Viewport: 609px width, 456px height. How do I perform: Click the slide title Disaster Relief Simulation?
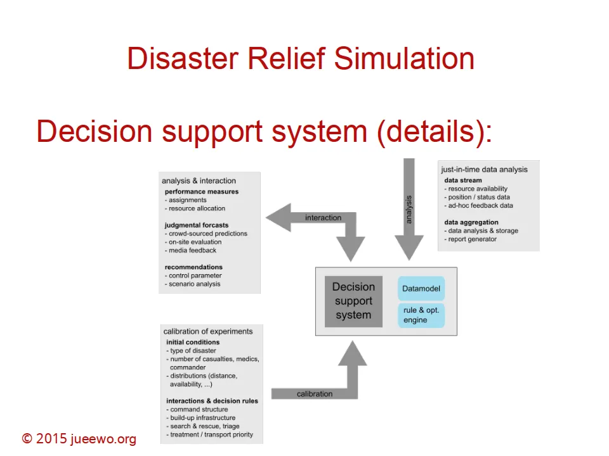(301, 58)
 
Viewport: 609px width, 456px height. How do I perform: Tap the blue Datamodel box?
(421, 289)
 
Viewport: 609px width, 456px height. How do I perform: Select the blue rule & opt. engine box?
(421, 315)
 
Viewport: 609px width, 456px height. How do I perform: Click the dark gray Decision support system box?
(353, 301)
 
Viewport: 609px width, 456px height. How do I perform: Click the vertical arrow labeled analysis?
(409, 209)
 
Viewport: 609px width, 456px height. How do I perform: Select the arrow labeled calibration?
(315, 393)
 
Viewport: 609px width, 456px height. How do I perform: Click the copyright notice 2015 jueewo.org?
(79, 439)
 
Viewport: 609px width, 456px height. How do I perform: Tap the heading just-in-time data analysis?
(485, 169)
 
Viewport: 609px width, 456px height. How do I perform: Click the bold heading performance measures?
(202, 191)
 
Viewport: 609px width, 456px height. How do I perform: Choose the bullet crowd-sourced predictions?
(207, 233)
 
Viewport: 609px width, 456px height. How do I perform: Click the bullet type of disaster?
(192, 351)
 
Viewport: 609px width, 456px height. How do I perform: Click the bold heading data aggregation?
(471, 222)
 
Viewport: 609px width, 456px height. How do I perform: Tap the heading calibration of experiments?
(207, 331)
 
